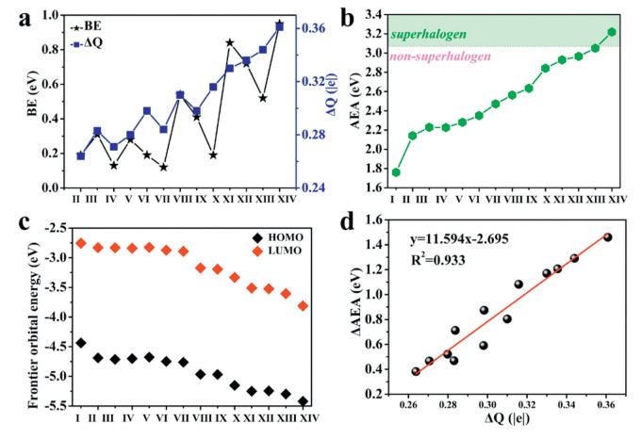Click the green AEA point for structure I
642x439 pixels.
pyautogui.click(x=396, y=172)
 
